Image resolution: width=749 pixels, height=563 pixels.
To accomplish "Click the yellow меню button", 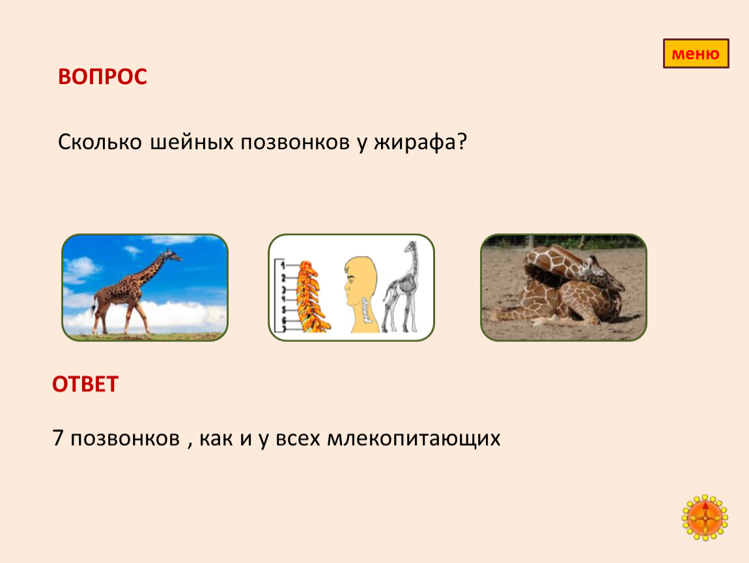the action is click(x=696, y=53).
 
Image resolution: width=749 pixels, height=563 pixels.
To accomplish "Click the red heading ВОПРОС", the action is click(x=102, y=76).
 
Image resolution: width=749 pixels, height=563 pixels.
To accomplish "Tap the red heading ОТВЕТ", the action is click(x=85, y=384).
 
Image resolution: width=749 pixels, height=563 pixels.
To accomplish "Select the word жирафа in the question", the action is click(x=415, y=143).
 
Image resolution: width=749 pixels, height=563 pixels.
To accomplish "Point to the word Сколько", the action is click(x=100, y=142).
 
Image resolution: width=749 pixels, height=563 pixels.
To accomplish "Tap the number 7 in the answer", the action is click(x=58, y=438).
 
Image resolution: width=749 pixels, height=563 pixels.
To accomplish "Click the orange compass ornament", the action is click(x=705, y=518).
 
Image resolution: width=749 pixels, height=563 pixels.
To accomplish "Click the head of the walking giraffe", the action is click(x=171, y=255).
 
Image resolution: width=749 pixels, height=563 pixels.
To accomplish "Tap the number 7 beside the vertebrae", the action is click(x=284, y=329).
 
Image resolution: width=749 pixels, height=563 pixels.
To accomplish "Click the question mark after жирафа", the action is click(x=461, y=141).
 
